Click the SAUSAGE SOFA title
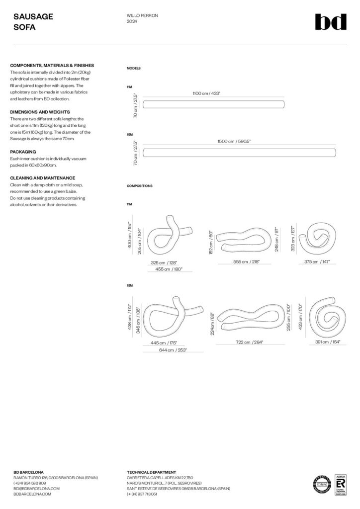pyautogui.click(x=33, y=22)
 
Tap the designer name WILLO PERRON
pyautogui.click(x=142, y=16)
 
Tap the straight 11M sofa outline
pyautogui.click(x=214, y=104)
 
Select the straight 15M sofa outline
pyautogui.click(x=239, y=153)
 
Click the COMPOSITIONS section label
pyautogui.click(x=140, y=185)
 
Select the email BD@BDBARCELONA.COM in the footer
pyautogui.click(x=36, y=488)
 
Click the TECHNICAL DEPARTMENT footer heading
pyautogui.click(x=151, y=472)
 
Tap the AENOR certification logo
pyautogui.click(x=341, y=483)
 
